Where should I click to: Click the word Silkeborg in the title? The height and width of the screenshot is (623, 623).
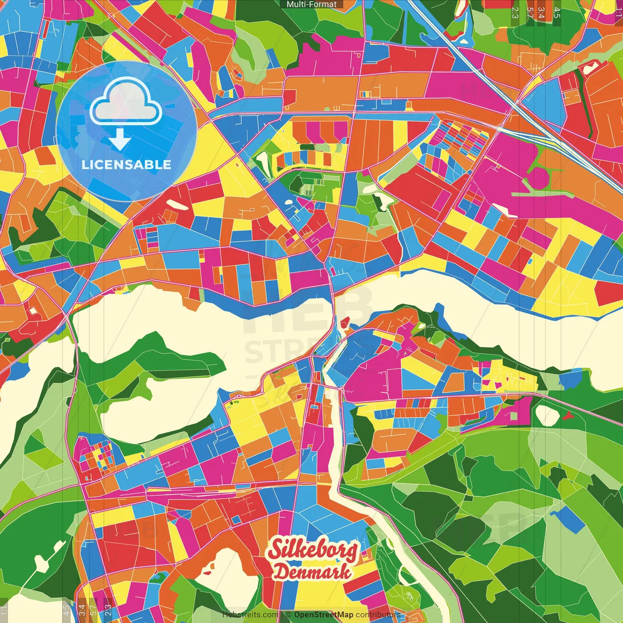(313, 550)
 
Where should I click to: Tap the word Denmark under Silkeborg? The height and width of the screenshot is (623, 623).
(312, 572)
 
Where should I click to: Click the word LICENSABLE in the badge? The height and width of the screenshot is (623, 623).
(126, 165)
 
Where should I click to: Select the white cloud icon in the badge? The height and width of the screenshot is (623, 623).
(126, 104)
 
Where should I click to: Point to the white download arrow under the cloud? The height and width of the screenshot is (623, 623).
(120, 140)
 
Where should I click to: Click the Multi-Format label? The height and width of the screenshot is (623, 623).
(311, 4)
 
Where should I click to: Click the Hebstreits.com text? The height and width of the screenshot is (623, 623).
(250, 615)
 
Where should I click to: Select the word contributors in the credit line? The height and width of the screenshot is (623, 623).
(378, 615)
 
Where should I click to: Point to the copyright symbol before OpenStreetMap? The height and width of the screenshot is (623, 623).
(289, 615)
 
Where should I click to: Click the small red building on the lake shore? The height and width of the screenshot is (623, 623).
(345, 322)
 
